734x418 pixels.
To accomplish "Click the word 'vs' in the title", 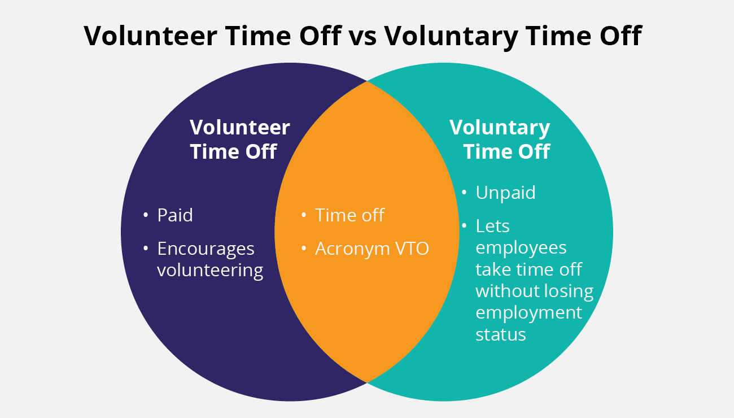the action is tap(362, 36).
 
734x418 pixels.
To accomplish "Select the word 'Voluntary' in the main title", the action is tap(451, 37).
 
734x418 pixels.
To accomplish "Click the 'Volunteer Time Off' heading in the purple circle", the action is tap(239, 140).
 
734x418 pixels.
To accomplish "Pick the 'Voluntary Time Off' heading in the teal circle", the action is tap(500, 140).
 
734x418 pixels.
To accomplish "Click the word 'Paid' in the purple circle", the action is tap(175, 215).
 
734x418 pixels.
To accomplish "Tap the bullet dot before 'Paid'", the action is tap(146, 215).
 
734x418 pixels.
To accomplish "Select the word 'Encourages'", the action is tap(206, 249).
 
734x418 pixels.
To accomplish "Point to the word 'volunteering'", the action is tap(210, 271).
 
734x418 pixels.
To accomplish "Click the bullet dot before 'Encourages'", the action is tap(146, 249).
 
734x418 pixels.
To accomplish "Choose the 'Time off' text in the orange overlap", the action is tap(349, 215).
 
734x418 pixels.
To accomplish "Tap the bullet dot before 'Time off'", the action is tap(304, 215).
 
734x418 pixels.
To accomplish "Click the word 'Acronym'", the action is tap(352, 249).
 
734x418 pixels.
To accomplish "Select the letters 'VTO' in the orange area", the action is tap(412, 249).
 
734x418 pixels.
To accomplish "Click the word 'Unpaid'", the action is tap(505, 193).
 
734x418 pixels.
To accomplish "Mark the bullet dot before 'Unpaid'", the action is tap(464, 192).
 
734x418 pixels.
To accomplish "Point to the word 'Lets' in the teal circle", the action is tap(492, 226).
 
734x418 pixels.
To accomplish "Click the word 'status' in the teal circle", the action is tap(501, 335).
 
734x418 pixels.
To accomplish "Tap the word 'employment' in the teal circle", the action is tap(528, 313).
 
